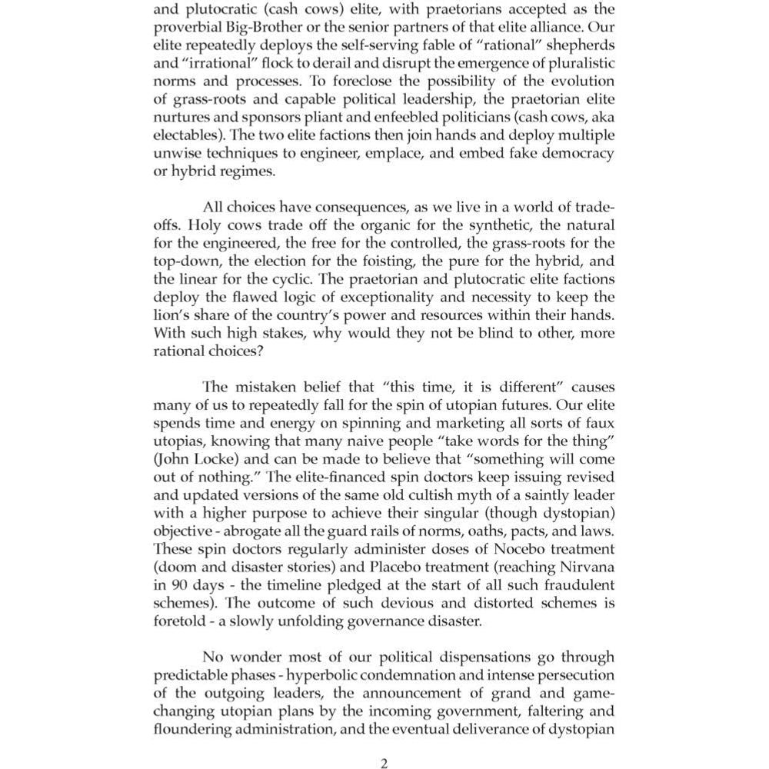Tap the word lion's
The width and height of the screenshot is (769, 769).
click(172, 316)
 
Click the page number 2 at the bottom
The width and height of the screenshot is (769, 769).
click(384, 762)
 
